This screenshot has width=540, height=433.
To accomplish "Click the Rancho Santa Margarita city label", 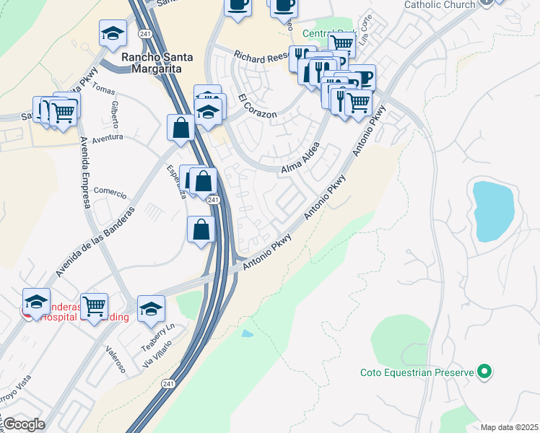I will point(151,63).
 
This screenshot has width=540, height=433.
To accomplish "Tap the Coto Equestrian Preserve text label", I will point(417,372).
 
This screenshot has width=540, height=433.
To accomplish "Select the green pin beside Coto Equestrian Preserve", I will point(485,372).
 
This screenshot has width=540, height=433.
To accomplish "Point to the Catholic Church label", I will point(440,4).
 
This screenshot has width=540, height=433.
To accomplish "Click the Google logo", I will point(23,424).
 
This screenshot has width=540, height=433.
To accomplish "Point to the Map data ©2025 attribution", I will point(509,427).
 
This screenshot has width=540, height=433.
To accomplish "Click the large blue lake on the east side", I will point(495,210).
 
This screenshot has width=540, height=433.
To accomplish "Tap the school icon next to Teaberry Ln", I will point(151,309).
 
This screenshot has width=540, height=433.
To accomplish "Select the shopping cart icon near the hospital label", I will point(94,307).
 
